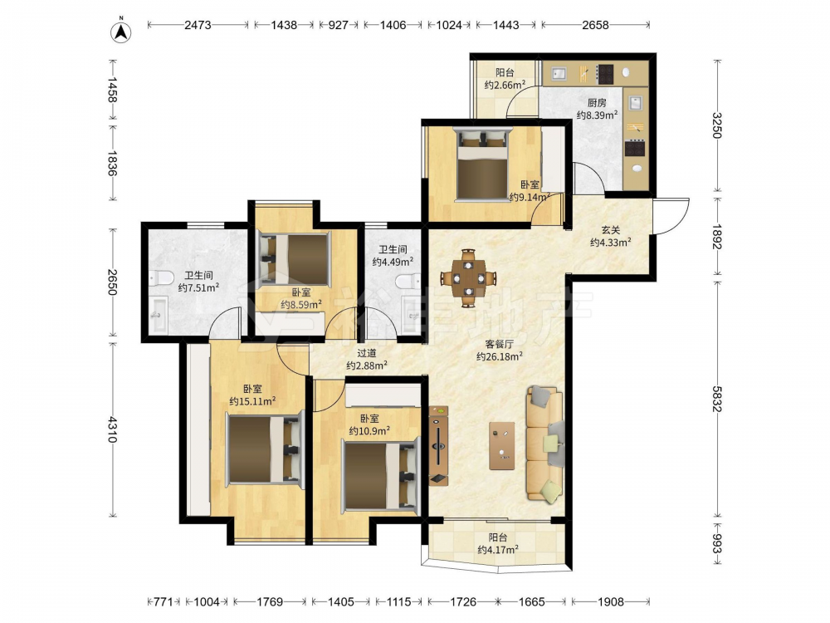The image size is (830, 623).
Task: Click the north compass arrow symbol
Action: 121,32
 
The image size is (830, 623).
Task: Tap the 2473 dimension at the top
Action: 198,25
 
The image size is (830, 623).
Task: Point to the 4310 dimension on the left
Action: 113,429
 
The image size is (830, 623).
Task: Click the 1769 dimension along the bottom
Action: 270,601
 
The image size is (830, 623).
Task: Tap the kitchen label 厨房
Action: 597,103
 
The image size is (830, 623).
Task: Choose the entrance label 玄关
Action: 611,230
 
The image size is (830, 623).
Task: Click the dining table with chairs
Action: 468,278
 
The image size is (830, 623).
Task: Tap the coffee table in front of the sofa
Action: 502,445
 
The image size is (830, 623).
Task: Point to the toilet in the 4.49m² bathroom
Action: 408,280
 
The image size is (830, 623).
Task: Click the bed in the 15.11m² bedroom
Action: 266,449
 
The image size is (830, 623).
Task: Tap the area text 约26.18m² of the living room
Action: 500,356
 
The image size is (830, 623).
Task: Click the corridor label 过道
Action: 366,353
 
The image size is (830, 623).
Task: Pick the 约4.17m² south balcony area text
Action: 498,550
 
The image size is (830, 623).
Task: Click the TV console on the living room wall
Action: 439,445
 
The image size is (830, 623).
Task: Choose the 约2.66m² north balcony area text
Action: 505,85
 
